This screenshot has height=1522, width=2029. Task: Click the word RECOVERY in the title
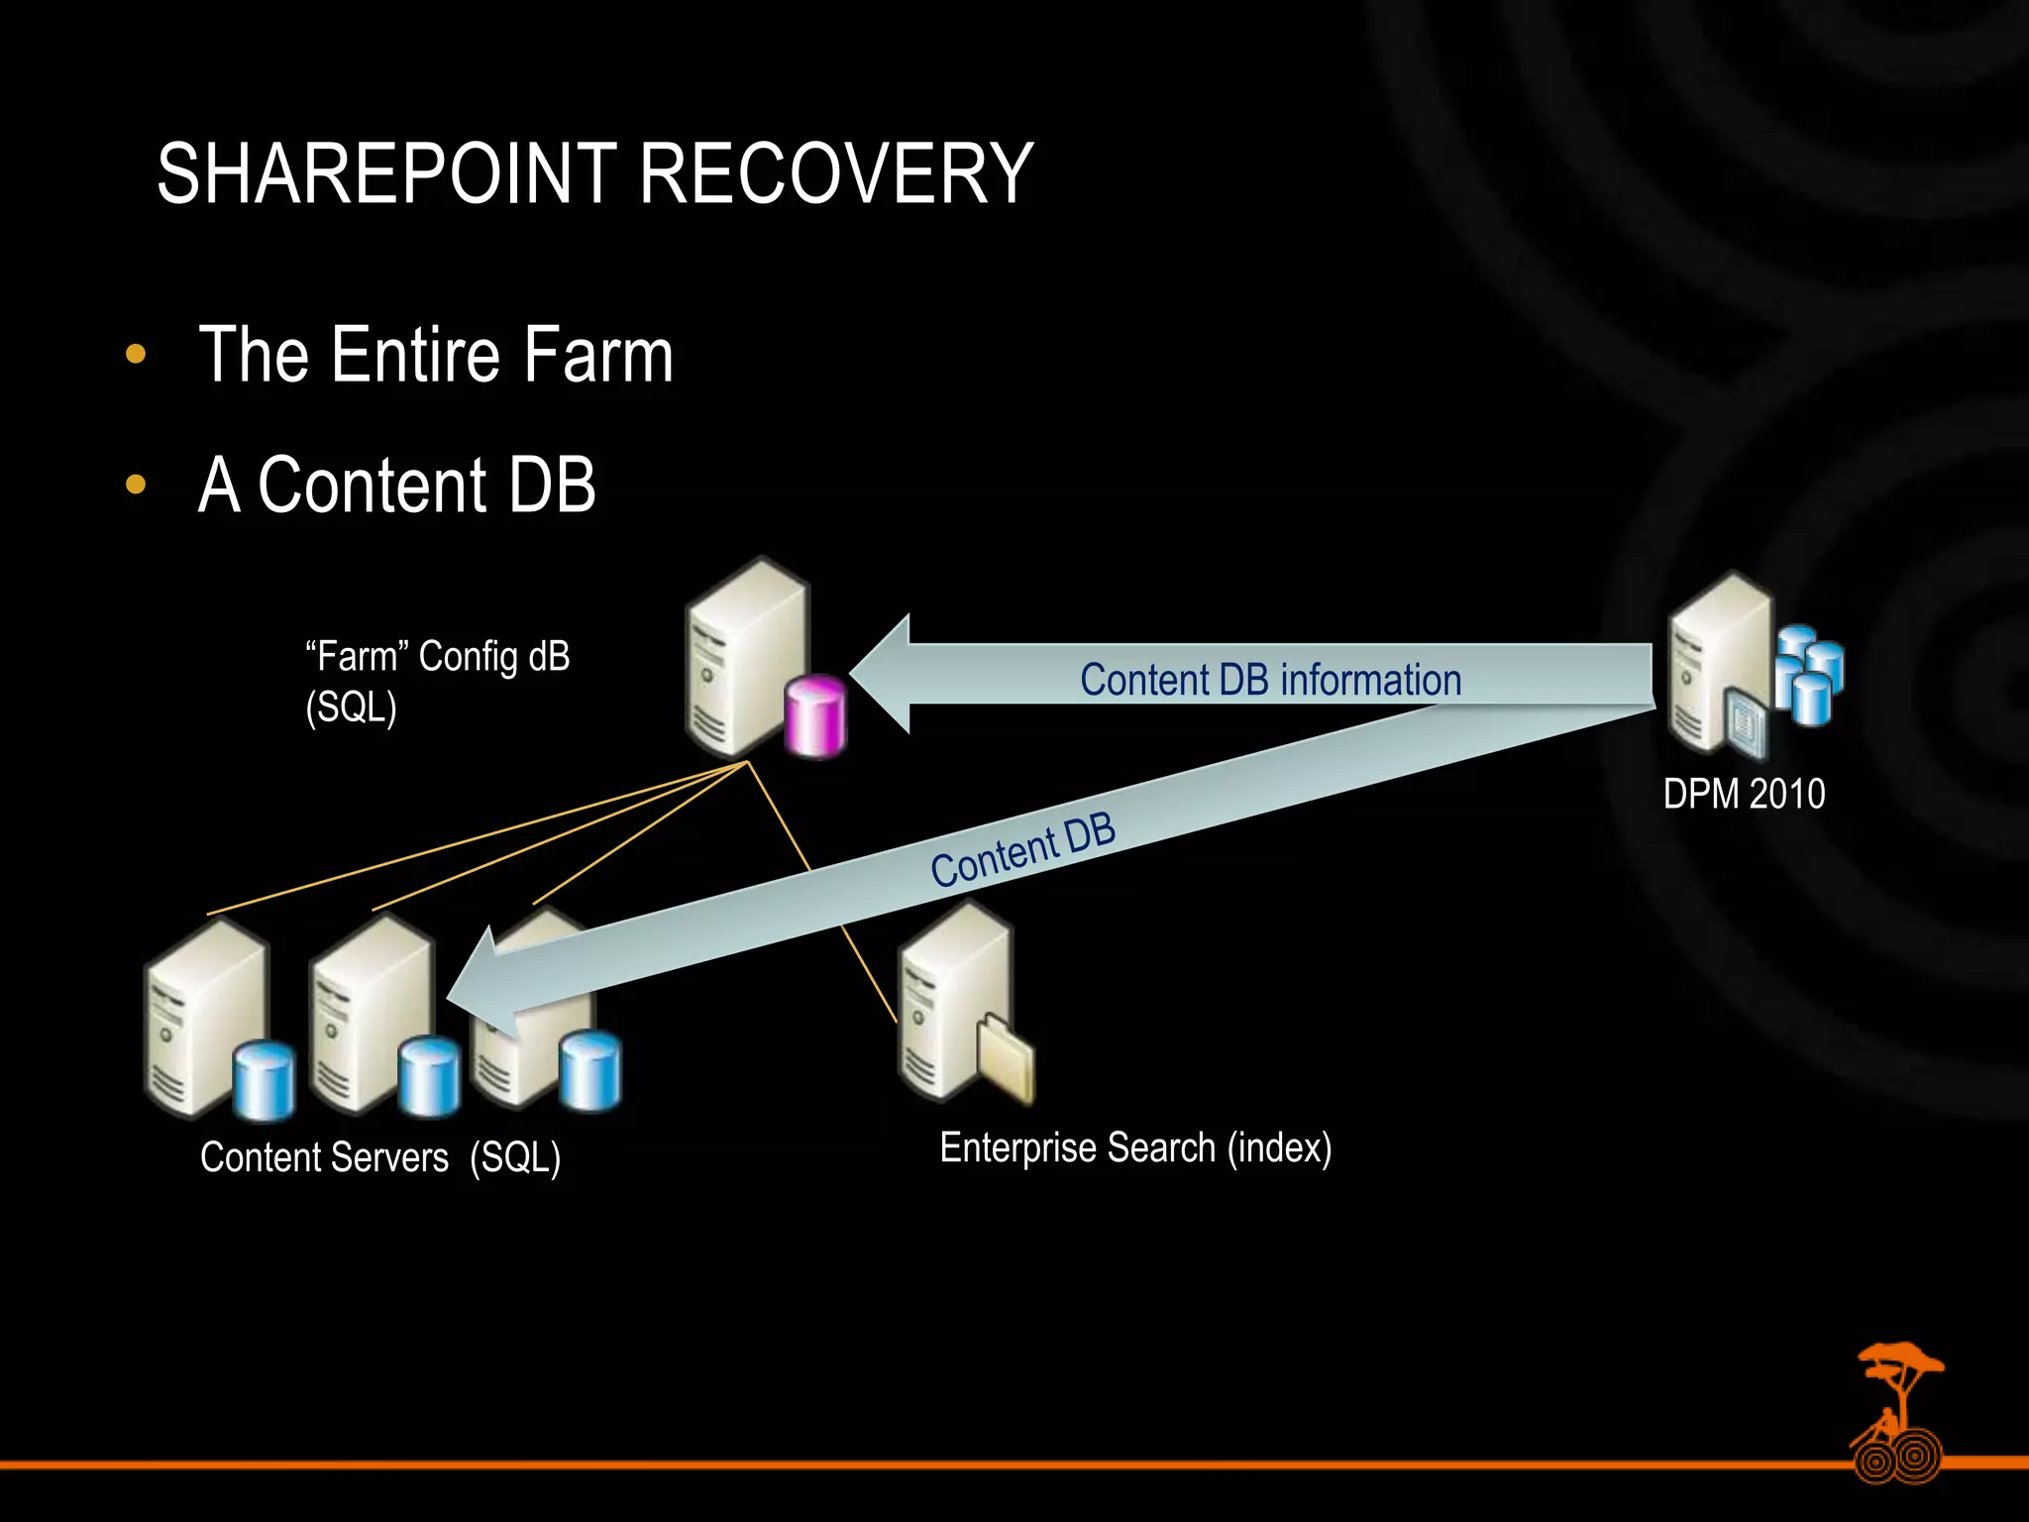(835, 174)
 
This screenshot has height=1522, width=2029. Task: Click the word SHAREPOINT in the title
(387, 174)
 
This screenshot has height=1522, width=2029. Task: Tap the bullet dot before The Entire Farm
(137, 355)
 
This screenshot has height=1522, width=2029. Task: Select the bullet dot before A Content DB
(137, 485)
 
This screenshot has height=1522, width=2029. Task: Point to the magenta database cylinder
(815, 716)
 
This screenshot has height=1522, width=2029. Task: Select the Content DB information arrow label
(1270, 681)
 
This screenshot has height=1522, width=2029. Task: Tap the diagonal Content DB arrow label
(1022, 850)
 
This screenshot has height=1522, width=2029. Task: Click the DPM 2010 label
(1744, 794)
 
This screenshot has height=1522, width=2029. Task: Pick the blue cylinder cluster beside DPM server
(1808, 674)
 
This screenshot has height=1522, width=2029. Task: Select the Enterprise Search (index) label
(1135, 1147)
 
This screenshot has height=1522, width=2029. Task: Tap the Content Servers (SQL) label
(380, 1157)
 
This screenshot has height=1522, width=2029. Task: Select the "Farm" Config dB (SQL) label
(437, 682)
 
